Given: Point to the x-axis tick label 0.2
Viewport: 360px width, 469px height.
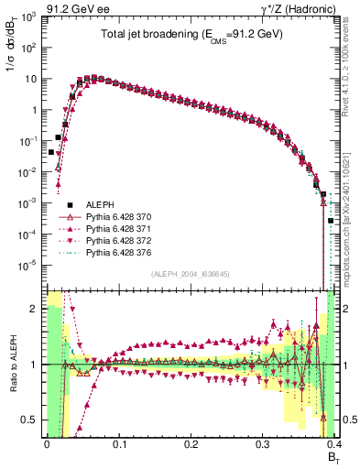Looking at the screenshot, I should [190, 443].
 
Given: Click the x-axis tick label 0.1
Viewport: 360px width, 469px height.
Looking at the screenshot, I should [118, 443].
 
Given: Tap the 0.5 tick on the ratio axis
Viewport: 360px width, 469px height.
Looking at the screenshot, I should [29, 420].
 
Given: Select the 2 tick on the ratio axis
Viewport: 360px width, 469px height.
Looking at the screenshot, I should [35, 309].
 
